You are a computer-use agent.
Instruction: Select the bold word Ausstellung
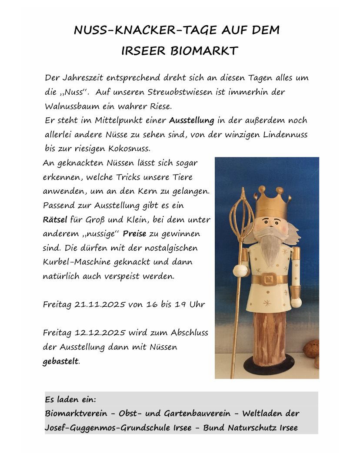[192, 120]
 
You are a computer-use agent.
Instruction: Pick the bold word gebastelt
[60, 361]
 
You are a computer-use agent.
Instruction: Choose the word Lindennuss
[286, 134]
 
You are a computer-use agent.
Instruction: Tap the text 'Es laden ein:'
[70, 399]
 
